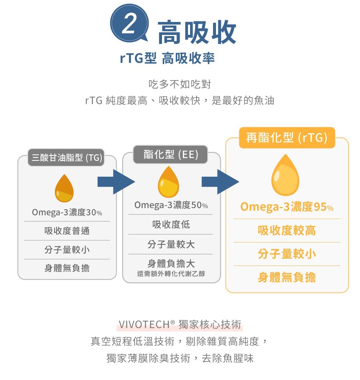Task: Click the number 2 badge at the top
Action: pyautogui.click(x=129, y=23)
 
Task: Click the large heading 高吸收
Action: pyautogui.click(x=197, y=32)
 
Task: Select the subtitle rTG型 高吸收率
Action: pyautogui.click(x=167, y=58)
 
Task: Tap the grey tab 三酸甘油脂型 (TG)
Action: pyautogui.click(x=66, y=158)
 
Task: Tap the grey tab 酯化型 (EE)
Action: pyautogui.click(x=171, y=154)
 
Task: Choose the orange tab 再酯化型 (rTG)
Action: pyautogui.click(x=287, y=137)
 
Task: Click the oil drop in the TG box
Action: pyautogui.click(x=64, y=188)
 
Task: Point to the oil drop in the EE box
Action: pyautogui.click(x=168, y=182)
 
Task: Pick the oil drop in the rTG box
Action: pyautogui.click(x=285, y=175)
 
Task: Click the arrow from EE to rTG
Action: pyautogui.click(x=220, y=182)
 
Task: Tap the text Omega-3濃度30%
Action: pyautogui.click(x=67, y=212)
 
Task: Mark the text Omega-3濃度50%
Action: pyautogui.click(x=171, y=205)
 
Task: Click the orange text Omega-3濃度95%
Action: pyautogui.click(x=287, y=207)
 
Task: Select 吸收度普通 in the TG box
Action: pyautogui.click(x=67, y=231)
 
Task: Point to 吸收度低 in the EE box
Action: pyautogui.click(x=171, y=225)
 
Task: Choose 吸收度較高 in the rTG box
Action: pyautogui.click(x=287, y=230)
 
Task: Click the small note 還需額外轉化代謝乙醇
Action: pyautogui.click(x=171, y=274)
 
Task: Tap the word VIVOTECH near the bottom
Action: pyautogui.click(x=144, y=324)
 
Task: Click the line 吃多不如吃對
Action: pyautogui.click(x=180, y=84)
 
